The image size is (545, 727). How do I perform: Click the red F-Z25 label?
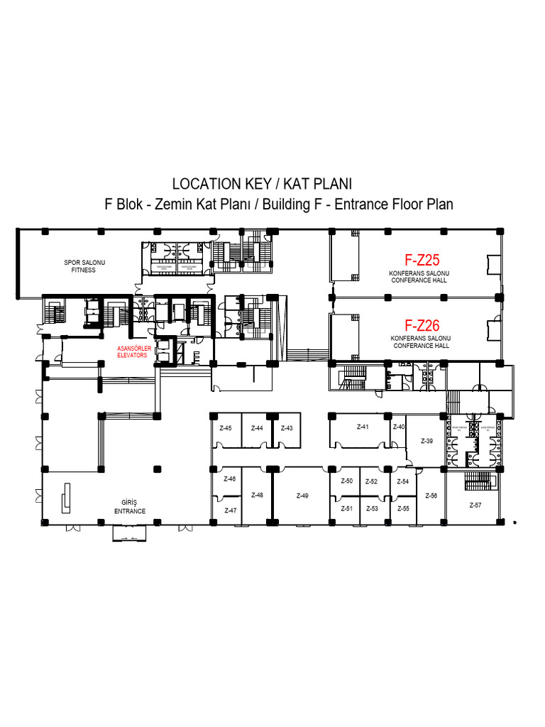[x=422, y=261]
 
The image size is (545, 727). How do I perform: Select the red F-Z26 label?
[x=422, y=326]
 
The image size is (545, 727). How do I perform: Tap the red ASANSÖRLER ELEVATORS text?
[x=134, y=351]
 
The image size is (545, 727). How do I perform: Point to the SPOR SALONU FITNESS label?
[x=84, y=266]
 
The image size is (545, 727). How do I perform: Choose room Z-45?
[x=226, y=428]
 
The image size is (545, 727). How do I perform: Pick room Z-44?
[x=257, y=428]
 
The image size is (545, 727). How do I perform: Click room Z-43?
[x=287, y=428]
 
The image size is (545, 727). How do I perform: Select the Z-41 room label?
[x=363, y=427]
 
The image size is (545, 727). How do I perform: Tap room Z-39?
[x=426, y=441]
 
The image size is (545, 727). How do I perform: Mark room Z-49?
[x=302, y=496]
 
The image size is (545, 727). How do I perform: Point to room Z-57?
[x=475, y=505]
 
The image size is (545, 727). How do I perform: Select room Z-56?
[x=431, y=496]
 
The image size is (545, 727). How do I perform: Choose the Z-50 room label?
[x=346, y=481]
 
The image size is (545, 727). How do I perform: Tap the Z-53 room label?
[x=372, y=508]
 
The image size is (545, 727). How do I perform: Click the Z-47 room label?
[x=230, y=510]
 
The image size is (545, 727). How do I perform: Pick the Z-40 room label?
[x=399, y=427]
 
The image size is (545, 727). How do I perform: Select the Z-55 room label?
[x=403, y=508]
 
